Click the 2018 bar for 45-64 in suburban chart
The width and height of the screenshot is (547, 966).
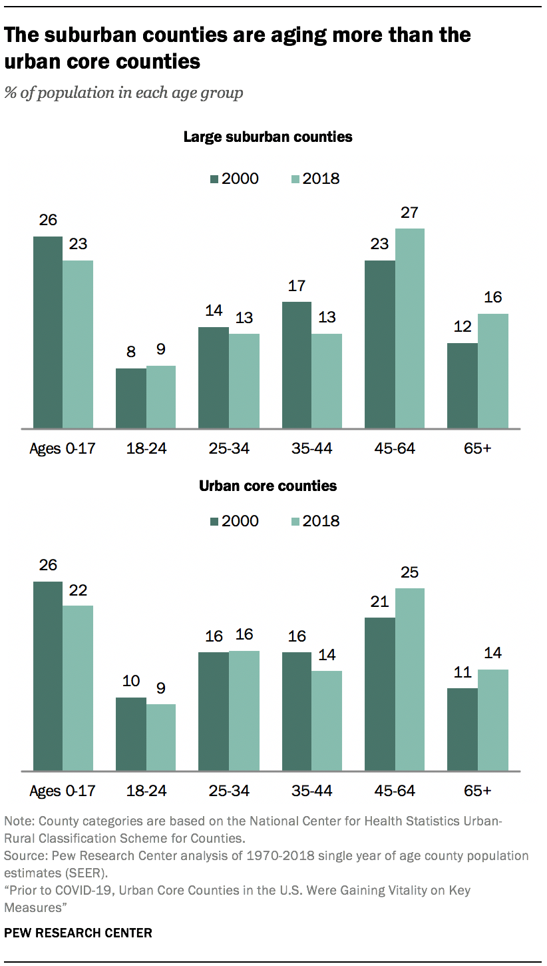point(409,328)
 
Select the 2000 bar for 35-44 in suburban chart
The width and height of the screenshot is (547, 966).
point(297,365)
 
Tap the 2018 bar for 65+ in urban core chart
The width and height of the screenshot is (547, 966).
point(492,720)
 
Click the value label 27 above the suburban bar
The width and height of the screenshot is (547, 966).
point(409,213)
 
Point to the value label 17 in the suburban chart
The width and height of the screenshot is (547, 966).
point(297,286)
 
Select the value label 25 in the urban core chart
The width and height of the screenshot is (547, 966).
point(409,573)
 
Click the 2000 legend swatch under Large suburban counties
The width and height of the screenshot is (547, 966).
point(214,179)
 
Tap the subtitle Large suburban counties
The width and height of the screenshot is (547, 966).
point(268,137)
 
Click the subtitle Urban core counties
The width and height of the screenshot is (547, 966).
point(268,486)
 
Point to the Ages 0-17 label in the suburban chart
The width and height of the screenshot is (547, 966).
point(63,448)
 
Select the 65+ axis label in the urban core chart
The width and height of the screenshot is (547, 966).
point(477,791)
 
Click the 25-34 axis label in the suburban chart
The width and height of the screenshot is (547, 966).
point(230,448)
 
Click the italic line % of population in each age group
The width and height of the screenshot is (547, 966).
point(124,93)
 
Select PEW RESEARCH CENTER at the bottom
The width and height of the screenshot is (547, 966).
point(79,933)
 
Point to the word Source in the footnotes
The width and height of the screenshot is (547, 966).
point(22,855)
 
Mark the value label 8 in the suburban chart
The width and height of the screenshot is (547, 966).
point(131,353)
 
